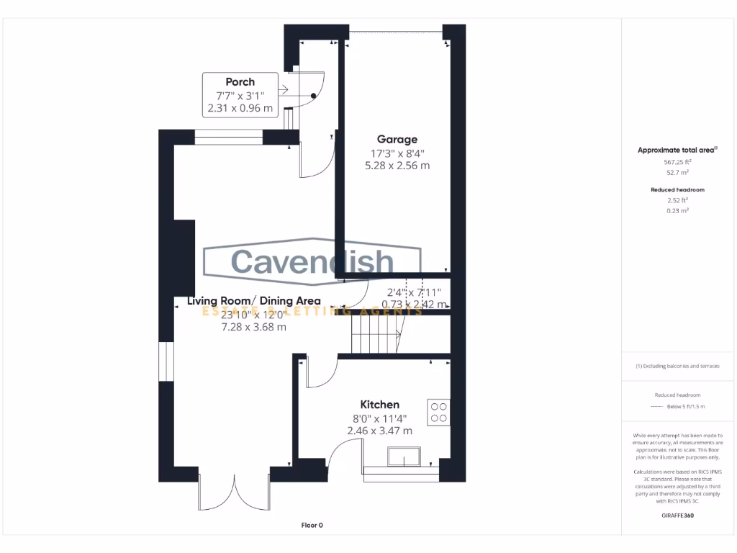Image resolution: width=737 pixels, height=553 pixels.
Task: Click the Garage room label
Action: [397, 139]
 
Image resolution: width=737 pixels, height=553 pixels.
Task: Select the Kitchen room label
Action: [379, 405]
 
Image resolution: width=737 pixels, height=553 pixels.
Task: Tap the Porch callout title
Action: [240, 82]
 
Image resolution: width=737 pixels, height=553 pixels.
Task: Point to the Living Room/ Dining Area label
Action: [254, 301]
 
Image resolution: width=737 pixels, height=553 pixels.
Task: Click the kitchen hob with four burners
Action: [438, 412]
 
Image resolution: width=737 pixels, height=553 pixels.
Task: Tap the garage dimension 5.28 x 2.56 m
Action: [397, 166]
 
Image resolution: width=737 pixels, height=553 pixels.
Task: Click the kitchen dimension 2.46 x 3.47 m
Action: [379, 431]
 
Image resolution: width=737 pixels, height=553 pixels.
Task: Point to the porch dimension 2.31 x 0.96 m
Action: [240, 109]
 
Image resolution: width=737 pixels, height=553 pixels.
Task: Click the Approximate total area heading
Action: [677, 150]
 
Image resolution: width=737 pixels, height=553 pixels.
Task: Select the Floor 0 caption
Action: [312, 526]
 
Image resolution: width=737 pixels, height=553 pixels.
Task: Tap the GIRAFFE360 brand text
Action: [677, 516]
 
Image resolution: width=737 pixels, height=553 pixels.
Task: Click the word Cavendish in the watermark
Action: [312, 262]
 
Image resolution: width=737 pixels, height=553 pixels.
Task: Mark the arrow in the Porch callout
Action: [281, 90]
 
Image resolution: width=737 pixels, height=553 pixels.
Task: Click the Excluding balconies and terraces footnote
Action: [677, 366]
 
